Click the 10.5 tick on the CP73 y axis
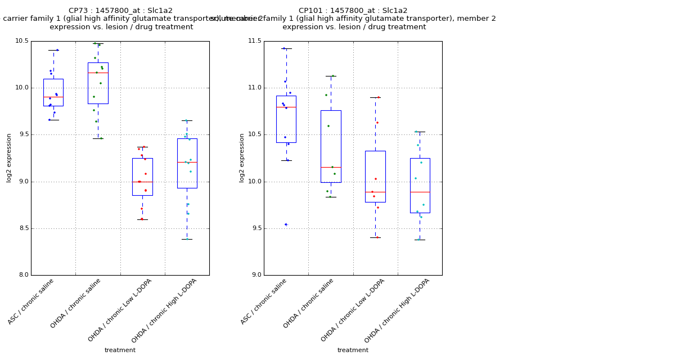tap(22, 41)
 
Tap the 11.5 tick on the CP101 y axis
tap(255, 41)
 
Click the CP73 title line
tap(120, 11)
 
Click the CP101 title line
tap(353, 11)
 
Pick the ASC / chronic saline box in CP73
tap(53, 92)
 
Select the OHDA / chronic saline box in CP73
tap(98, 83)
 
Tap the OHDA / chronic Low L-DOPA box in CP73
tap(142, 177)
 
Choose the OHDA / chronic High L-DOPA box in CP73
tap(187, 163)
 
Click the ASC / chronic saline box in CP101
tap(286, 119)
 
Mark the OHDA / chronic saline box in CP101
tap(331, 146)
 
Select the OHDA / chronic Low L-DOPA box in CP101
tap(375, 176)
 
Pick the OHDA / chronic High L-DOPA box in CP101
tap(420, 185)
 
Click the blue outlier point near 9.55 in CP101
tap(285, 224)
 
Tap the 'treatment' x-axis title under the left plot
tap(120, 350)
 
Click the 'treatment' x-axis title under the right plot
tap(353, 350)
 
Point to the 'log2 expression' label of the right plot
tap(242, 157)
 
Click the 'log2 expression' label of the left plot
tap(9, 157)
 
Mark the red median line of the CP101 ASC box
tap(286, 107)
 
